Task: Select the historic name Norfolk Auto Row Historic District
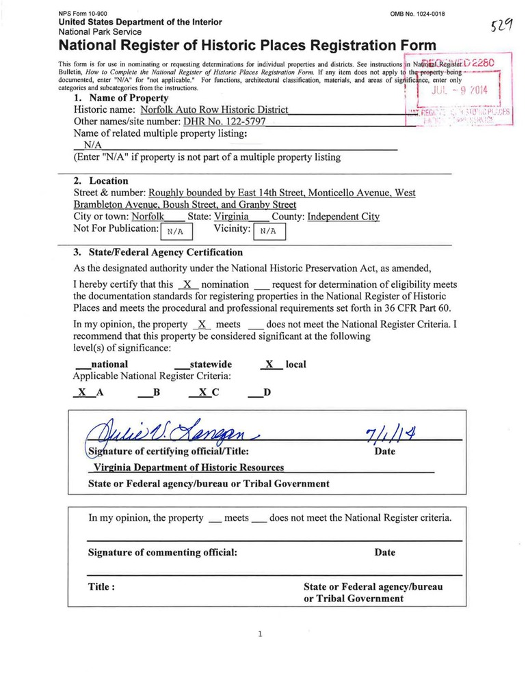click(x=214, y=110)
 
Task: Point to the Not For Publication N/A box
click(x=176, y=231)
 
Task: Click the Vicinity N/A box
click(x=269, y=231)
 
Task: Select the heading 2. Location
click(x=101, y=181)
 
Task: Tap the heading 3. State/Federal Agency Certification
click(x=157, y=252)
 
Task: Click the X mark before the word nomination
click(x=187, y=284)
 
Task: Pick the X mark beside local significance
click(x=271, y=365)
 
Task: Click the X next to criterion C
click(x=203, y=393)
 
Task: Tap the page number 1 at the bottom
click(x=261, y=634)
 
